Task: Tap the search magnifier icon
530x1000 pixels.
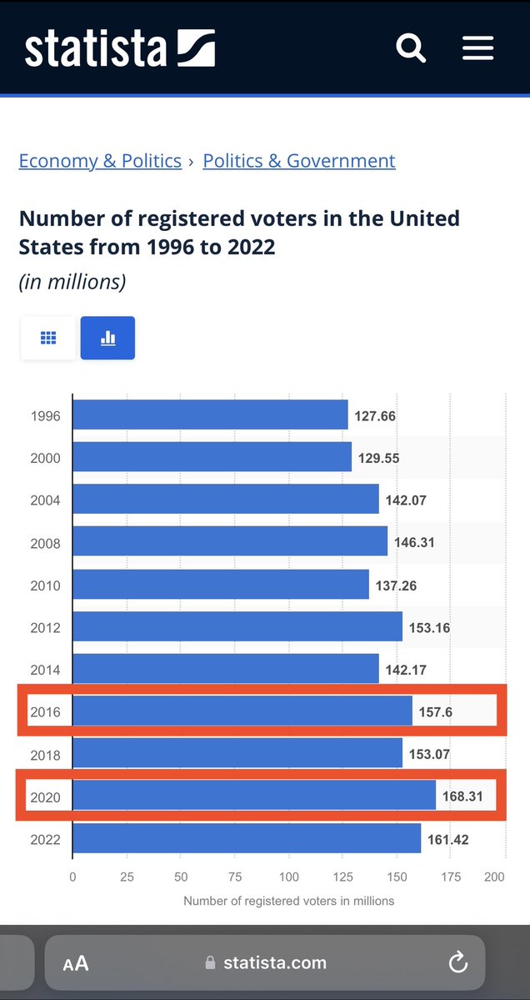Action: [411, 48]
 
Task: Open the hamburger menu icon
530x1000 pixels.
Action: [478, 48]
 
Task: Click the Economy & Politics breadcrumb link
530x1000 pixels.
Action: [100, 161]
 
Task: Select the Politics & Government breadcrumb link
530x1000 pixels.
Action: [299, 161]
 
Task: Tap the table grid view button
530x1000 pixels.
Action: [48, 338]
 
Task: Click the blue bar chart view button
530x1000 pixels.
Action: [107, 338]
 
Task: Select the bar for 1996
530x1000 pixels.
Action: [210, 415]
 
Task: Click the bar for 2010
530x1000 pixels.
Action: [221, 585]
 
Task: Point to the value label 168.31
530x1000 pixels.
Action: [462, 796]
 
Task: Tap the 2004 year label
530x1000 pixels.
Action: [45, 500]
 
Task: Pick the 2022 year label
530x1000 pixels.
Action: [45, 839]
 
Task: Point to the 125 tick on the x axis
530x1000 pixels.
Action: [343, 877]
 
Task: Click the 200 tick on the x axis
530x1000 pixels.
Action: [494, 877]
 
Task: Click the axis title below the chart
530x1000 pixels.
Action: [288, 901]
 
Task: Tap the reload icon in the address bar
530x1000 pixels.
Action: [457, 962]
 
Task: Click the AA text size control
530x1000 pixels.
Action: [76, 963]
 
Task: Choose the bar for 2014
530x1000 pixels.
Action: [226, 669]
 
